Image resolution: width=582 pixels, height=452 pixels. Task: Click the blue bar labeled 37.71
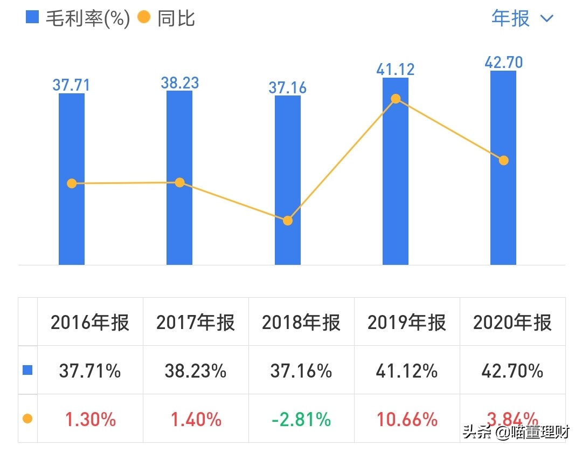point(72,227)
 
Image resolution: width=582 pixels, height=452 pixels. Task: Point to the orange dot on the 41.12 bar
point(396,99)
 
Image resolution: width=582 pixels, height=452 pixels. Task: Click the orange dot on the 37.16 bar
point(288,221)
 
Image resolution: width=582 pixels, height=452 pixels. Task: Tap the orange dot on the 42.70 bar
point(503,160)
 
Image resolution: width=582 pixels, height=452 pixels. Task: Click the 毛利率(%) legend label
point(88,18)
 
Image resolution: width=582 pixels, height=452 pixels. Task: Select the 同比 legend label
point(176,18)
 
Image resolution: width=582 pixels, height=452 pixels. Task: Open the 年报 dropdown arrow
point(546,18)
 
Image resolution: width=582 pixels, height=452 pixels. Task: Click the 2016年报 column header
point(90,323)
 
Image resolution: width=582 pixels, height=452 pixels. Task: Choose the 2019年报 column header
point(407,323)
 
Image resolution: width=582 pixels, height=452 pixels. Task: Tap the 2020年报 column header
point(512,323)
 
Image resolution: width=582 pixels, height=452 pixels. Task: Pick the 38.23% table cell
point(196,371)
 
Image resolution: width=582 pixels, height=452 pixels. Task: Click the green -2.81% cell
point(301,419)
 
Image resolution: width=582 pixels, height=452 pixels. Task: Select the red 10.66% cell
point(407,419)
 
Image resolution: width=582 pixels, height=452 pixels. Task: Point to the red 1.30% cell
point(90,419)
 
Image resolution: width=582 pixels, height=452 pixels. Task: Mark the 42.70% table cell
point(512,371)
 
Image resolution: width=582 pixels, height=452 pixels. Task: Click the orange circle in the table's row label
point(27,419)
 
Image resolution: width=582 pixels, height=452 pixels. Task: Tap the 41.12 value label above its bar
point(396,69)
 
